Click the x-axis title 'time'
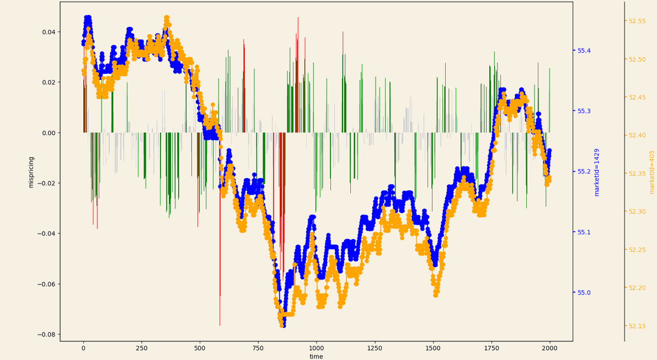(x=316, y=356)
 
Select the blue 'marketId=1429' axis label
(x=596, y=172)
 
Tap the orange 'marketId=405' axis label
(x=651, y=172)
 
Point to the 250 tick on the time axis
(x=142, y=348)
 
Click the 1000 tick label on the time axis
(x=316, y=348)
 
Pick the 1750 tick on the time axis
(x=491, y=348)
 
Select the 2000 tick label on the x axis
(x=549, y=348)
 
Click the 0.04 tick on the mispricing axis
(x=49, y=32)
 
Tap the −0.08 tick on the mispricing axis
(x=46, y=335)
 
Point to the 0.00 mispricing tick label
(x=49, y=133)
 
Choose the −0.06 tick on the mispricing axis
(x=46, y=284)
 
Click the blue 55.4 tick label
(x=584, y=51)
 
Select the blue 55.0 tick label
(x=584, y=292)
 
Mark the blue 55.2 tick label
(x=584, y=171)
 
